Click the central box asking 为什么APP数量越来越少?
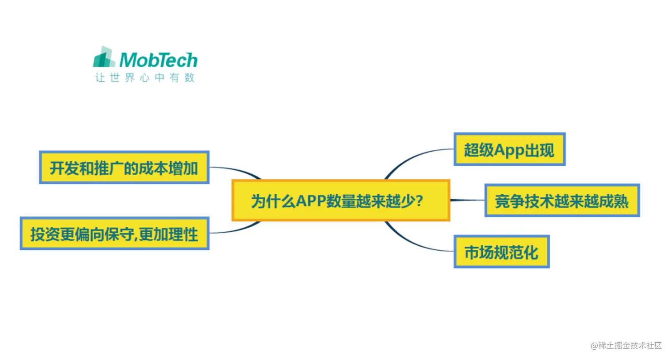pyautogui.click(x=340, y=200)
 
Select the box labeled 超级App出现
pyautogui.click(x=509, y=149)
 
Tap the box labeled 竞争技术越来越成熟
pyautogui.click(x=562, y=200)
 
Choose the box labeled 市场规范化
pyautogui.click(x=501, y=252)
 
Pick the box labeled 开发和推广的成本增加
pyautogui.click(x=124, y=168)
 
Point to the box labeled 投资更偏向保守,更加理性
pyautogui.click(x=114, y=233)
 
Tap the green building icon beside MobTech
pyautogui.click(x=105, y=58)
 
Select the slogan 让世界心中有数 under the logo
pyautogui.click(x=145, y=78)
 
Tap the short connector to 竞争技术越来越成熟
pyautogui.click(x=467, y=200)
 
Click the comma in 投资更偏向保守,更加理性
pyautogui.click(x=136, y=237)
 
